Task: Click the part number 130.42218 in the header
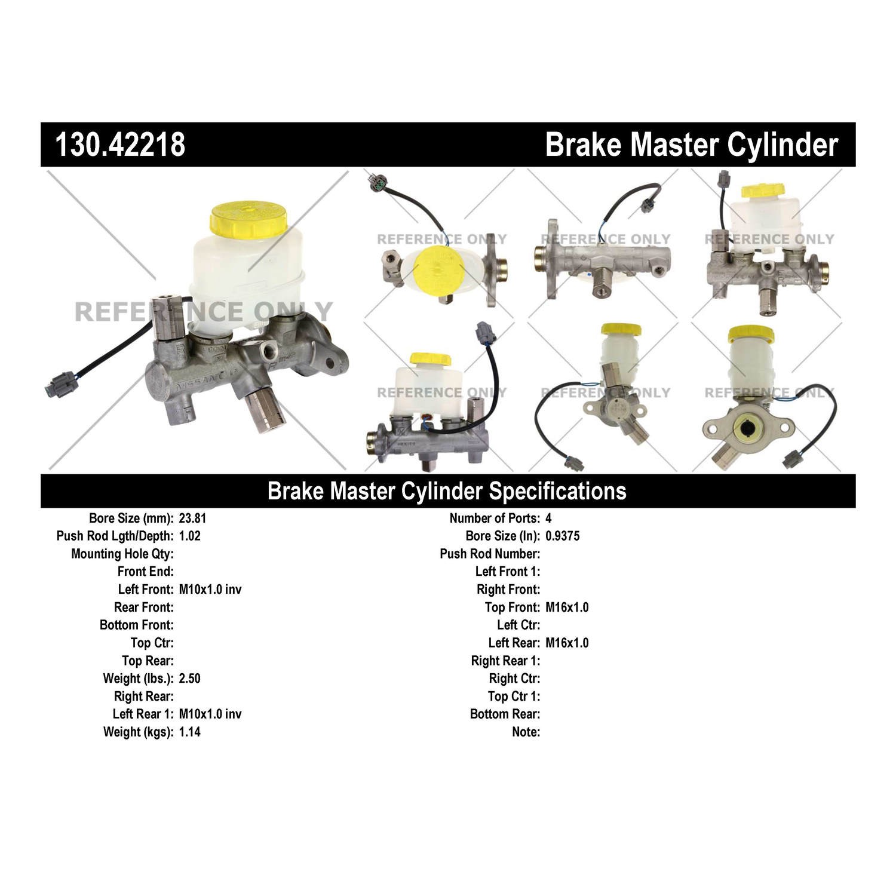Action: [x=120, y=145]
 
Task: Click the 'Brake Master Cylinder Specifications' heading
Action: [x=447, y=491]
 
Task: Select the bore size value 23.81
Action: [x=192, y=518]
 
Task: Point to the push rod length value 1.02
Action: [x=189, y=536]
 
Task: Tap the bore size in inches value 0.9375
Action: [x=563, y=536]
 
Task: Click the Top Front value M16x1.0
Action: [x=567, y=607]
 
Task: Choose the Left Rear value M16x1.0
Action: [x=567, y=643]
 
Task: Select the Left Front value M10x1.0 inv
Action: [x=210, y=590]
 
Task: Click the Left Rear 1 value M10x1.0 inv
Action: [x=210, y=714]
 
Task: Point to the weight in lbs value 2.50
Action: [x=189, y=679]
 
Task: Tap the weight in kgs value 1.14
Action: [x=189, y=732]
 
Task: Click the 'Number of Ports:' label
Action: [x=495, y=518]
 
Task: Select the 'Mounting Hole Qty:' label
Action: [x=122, y=554]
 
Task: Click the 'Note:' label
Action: [x=526, y=732]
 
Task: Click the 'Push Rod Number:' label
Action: [x=490, y=554]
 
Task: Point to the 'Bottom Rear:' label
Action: [x=505, y=714]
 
